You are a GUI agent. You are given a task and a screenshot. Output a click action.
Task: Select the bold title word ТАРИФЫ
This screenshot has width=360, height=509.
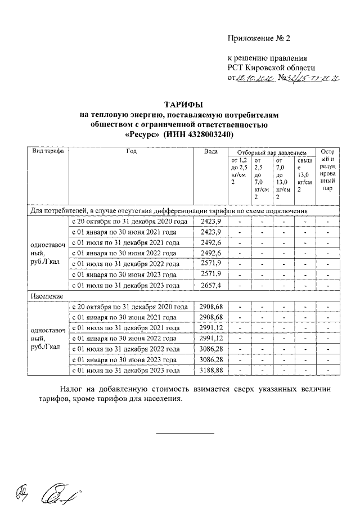point(183,105)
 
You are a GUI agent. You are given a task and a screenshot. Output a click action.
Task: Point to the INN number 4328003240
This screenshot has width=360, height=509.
point(209,136)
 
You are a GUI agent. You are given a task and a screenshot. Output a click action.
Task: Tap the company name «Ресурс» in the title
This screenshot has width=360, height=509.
point(141,136)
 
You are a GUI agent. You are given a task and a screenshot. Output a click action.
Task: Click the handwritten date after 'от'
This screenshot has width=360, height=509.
point(255,79)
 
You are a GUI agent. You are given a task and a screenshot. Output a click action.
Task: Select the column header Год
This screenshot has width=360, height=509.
point(132,152)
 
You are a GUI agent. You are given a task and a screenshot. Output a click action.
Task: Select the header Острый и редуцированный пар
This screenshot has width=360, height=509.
point(327,170)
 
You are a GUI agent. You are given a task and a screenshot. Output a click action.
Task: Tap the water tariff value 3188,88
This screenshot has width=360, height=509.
point(211,371)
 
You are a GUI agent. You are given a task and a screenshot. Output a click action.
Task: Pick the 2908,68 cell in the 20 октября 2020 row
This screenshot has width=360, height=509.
point(211,307)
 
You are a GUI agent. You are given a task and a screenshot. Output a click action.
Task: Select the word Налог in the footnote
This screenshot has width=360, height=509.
point(73,389)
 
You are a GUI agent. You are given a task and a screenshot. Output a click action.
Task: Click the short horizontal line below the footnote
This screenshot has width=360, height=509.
point(185,434)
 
